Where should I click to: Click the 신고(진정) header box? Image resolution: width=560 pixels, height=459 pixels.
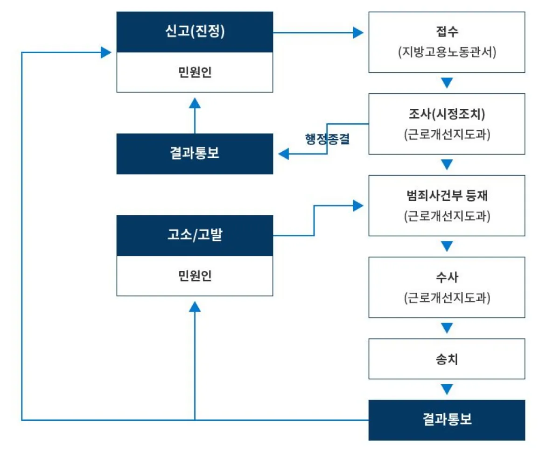195,32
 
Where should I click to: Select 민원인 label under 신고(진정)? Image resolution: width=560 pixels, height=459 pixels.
195,72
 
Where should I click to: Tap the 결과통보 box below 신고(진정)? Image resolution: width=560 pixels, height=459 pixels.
195,154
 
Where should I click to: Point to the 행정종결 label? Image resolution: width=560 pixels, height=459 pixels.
327,139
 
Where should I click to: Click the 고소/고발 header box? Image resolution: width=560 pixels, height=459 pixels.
195,235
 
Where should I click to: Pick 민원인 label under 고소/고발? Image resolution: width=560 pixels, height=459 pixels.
195,275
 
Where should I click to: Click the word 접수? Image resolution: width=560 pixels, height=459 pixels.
447,32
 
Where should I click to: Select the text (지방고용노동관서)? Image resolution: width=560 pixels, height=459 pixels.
447,52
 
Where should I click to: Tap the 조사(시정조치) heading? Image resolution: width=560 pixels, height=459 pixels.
447,114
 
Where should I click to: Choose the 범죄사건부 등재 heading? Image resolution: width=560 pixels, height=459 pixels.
447,196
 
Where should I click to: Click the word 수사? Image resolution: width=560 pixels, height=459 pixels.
447,277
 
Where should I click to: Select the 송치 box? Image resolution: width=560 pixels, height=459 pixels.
447,359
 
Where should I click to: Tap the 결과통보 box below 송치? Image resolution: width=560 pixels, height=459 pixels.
447,420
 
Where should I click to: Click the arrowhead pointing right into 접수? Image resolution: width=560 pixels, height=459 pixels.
358,33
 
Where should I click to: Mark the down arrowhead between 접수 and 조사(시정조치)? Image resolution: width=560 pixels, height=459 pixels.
447,83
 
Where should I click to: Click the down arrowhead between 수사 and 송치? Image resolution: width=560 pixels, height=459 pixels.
447,328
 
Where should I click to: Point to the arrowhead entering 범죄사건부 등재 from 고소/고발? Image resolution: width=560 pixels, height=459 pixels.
358,205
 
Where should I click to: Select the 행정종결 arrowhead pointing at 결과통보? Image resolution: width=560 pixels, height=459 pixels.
283,154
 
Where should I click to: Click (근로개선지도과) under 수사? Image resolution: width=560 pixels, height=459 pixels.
447,297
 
